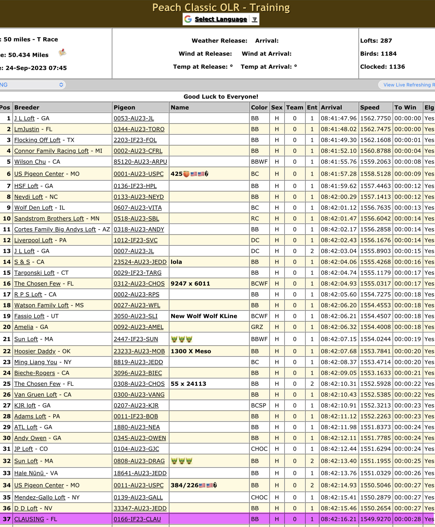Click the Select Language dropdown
[221, 19]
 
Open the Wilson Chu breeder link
[30, 162]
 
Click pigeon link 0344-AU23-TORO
[139, 129]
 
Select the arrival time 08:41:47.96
[339, 118]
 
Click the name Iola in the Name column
[176, 262]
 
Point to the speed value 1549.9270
[375, 519]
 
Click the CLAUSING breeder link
[29, 519]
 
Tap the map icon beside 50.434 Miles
[62, 53]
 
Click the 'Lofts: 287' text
[376, 41]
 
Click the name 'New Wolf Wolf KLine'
[204, 316]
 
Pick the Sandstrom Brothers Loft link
[49, 218]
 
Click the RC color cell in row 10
[255, 218]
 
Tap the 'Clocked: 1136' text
[382, 67]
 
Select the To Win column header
[405, 107]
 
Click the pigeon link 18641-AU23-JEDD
[140, 473]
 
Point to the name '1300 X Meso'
[191, 351]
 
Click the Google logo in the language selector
[188, 19]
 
